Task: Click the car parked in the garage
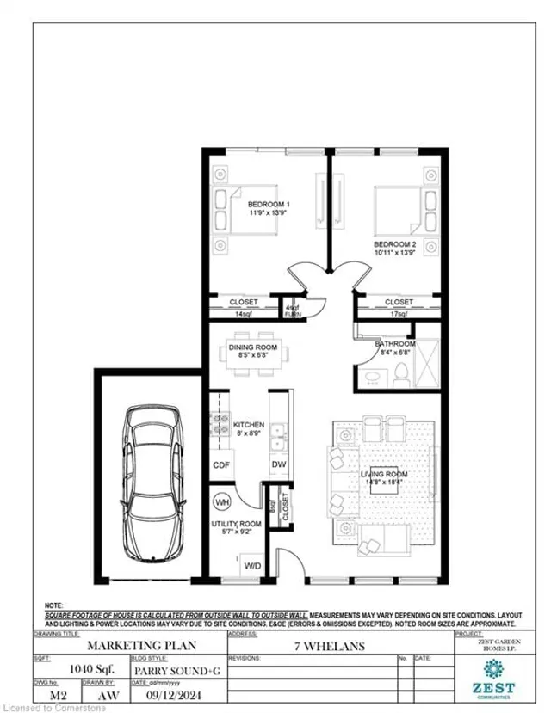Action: pyautogui.click(x=154, y=484)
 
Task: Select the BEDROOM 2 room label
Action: pyautogui.click(x=395, y=244)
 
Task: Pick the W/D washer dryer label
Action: pyautogui.click(x=254, y=565)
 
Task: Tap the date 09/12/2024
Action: pyautogui.click(x=172, y=687)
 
